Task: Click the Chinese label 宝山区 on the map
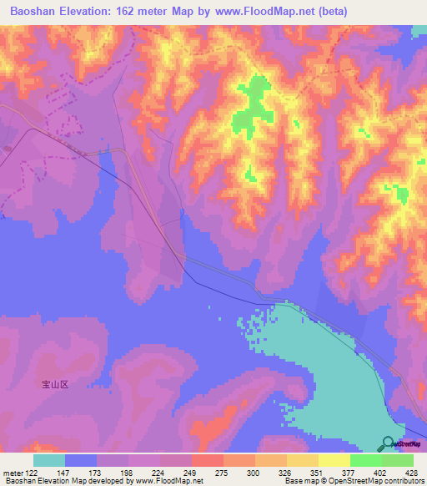[x=59, y=386]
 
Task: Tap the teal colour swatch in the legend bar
[x=49, y=460]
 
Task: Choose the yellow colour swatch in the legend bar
[x=334, y=460]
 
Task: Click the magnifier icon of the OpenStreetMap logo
[x=388, y=444]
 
